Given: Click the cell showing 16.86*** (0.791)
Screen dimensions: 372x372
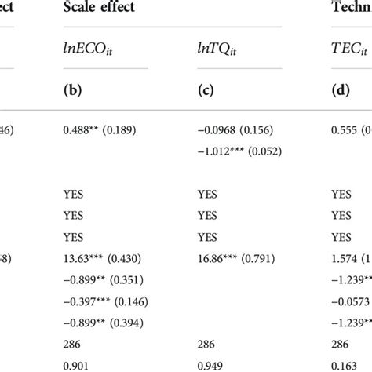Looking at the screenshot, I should coord(239,257).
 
